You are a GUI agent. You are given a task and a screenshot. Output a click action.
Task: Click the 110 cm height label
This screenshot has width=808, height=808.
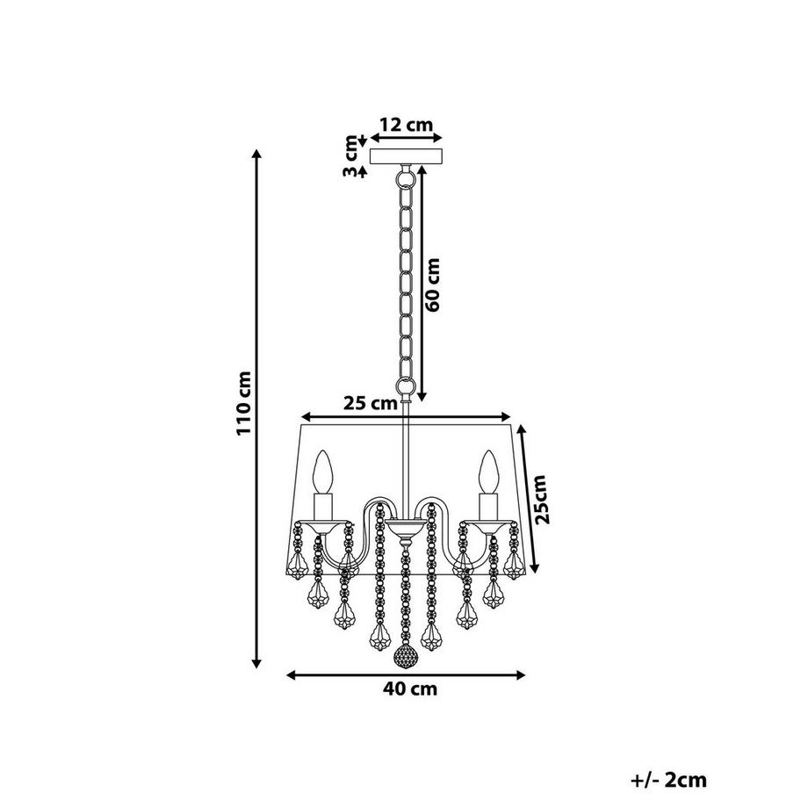[x=244, y=403]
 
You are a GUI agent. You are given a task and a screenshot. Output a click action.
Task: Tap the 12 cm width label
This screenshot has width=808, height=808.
[x=406, y=125]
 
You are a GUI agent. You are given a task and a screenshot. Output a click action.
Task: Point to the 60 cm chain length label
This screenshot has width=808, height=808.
[x=433, y=285]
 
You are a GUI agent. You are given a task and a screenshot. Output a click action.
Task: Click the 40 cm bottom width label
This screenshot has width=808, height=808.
[x=410, y=689]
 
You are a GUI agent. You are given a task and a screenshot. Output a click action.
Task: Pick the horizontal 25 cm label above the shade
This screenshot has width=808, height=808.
[x=370, y=403]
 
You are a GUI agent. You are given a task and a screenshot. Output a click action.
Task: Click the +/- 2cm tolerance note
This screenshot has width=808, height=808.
[x=668, y=780]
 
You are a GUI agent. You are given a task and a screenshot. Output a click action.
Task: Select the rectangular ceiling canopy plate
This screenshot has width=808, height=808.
[x=407, y=156]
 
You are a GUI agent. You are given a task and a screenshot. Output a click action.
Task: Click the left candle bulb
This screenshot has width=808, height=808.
[x=323, y=471]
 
